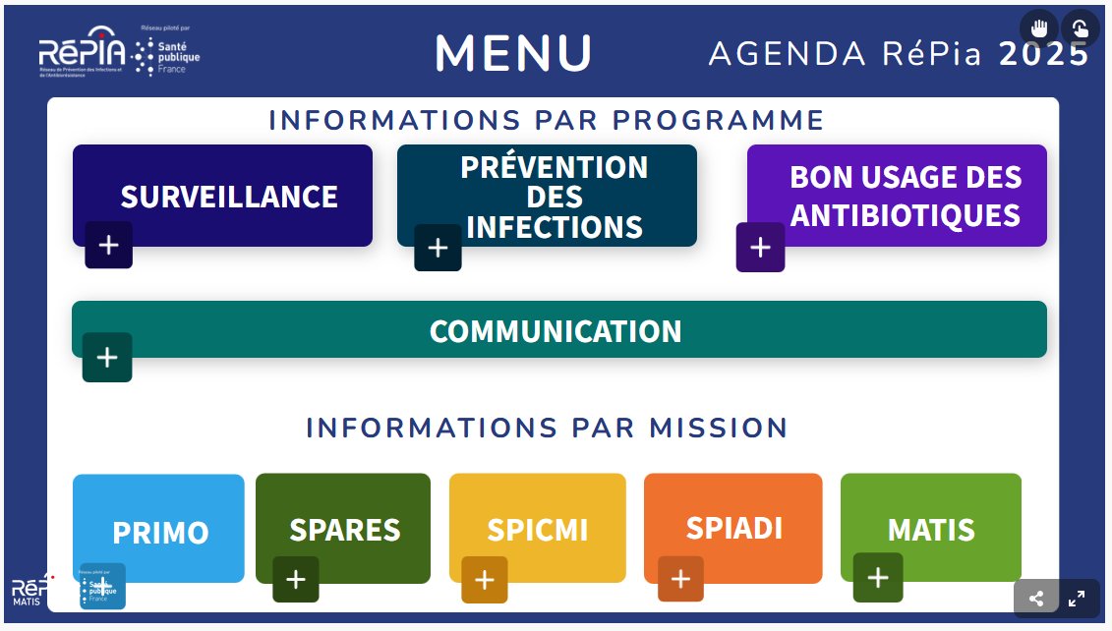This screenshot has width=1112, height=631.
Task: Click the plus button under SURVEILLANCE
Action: pos(108,246)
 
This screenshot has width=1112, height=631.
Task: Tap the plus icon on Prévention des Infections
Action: pos(438,248)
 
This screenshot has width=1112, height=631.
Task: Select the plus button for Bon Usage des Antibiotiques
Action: pos(760,248)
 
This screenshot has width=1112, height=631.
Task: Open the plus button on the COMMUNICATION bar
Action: pos(107,358)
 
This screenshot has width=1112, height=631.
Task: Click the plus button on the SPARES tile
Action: pos(296,580)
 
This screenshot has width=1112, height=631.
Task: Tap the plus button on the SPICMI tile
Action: pos(485,580)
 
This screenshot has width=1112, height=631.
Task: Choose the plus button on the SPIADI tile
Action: pos(680,580)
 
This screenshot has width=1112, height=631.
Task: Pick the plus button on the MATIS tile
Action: pos(878,578)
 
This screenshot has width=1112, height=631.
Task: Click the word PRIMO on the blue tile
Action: pos(160,533)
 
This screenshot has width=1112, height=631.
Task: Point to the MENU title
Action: pos(514,53)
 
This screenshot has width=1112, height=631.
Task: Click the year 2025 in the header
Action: pos(1044,54)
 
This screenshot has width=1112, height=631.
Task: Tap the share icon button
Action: pos(1035,599)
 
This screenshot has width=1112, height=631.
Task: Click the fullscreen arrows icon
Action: pos(1077,599)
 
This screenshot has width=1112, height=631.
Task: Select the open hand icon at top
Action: pos(1039,29)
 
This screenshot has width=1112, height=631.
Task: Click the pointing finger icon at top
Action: pos(1080,29)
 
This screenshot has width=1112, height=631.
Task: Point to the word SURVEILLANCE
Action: pos(229,197)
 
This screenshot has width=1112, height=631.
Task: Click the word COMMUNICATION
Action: pos(556,331)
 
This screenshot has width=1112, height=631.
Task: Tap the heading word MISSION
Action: pos(718,429)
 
